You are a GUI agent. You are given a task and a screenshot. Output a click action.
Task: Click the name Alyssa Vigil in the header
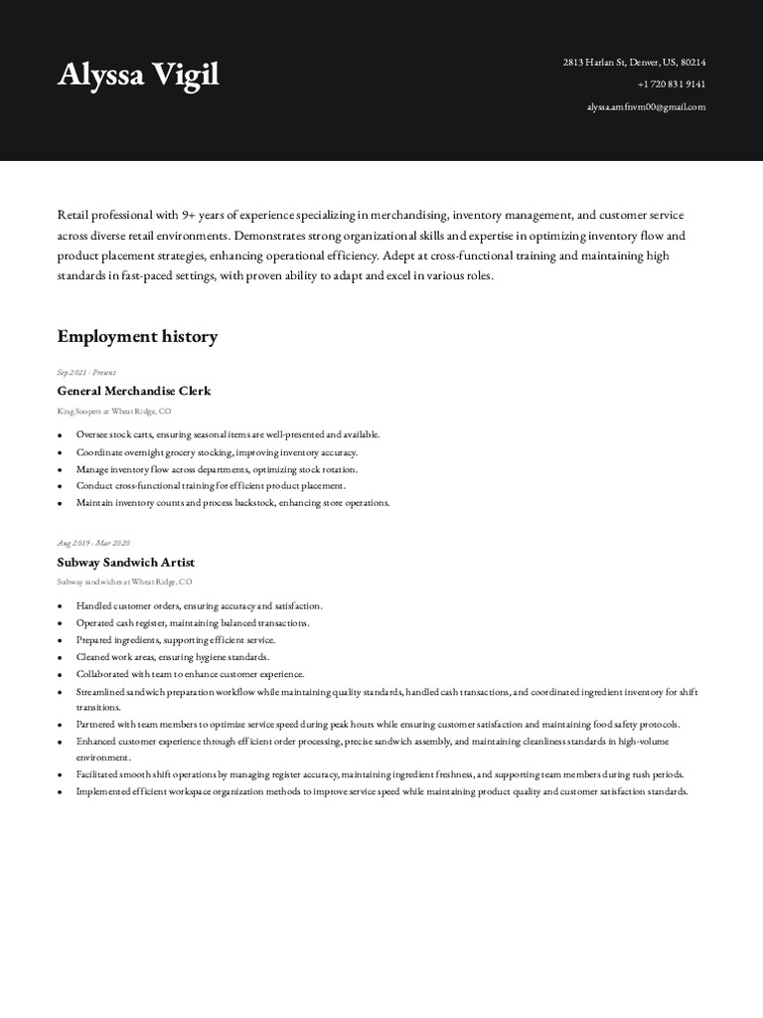[x=138, y=76]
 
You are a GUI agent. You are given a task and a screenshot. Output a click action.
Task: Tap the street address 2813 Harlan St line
[x=634, y=63]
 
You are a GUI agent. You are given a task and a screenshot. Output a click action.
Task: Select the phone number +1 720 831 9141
[x=672, y=85]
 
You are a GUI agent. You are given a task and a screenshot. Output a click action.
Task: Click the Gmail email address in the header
[x=646, y=106]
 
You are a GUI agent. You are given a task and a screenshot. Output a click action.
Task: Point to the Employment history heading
[x=137, y=337]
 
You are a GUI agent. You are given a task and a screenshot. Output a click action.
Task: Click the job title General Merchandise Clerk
[x=134, y=391]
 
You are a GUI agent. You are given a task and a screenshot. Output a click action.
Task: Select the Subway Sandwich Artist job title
[x=126, y=562]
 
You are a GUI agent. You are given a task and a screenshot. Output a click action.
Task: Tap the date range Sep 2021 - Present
[x=86, y=372]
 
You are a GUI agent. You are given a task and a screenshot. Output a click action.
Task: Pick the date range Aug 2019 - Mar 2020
[x=93, y=543]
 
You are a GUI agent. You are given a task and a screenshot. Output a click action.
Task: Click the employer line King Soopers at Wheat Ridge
[x=114, y=411]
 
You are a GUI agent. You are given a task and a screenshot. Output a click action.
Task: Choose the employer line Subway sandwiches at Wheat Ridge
[x=125, y=582]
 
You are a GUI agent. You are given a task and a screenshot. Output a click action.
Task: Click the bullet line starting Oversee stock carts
[x=228, y=434]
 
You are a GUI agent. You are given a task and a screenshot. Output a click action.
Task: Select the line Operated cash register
[x=193, y=622]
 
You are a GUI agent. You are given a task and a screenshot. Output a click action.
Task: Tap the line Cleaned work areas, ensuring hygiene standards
[x=173, y=657]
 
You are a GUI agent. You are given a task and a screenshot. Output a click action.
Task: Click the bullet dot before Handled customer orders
[x=61, y=606]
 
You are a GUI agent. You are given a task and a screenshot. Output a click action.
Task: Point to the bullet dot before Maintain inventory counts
[x=61, y=504]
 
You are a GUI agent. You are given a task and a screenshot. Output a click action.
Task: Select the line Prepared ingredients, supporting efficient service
[x=176, y=640]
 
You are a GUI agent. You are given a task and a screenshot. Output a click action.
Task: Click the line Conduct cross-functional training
[x=211, y=486]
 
